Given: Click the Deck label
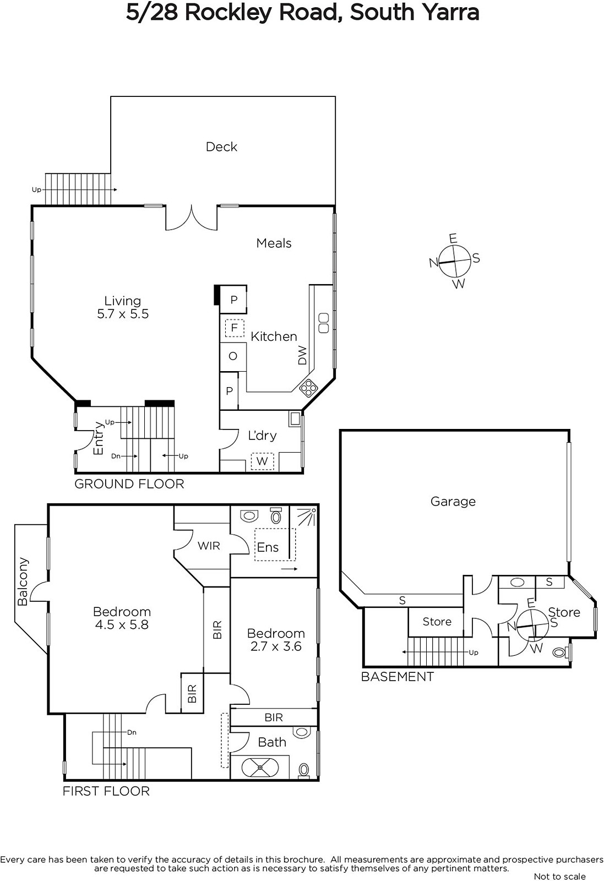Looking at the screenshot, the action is (x=221, y=146).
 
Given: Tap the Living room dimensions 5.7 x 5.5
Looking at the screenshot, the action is (x=123, y=314).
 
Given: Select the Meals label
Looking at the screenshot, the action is (x=274, y=243).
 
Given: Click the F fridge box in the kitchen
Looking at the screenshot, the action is (x=235, y=328).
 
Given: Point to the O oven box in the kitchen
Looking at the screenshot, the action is (x=233, y=356).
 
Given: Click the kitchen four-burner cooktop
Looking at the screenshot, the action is (x=308, y=388).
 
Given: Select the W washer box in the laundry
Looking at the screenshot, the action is (x=262, y=461).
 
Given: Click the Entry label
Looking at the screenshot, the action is (x=99, y=438).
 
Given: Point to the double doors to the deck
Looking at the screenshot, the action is (x=192, y=217).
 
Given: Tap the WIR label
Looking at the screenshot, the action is (x=209, y=546).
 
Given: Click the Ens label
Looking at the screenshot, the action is (x=268, y=547).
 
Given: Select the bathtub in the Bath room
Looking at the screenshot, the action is (x=260, y=767).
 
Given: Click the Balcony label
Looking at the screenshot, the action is (x=23, y=581).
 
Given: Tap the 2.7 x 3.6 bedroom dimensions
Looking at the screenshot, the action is (x=276, y=646).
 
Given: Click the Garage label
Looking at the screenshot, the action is (x=453, y=502).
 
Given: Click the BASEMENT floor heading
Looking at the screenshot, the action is (x=397, y=677).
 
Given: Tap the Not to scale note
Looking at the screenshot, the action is (x=559, y=876).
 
